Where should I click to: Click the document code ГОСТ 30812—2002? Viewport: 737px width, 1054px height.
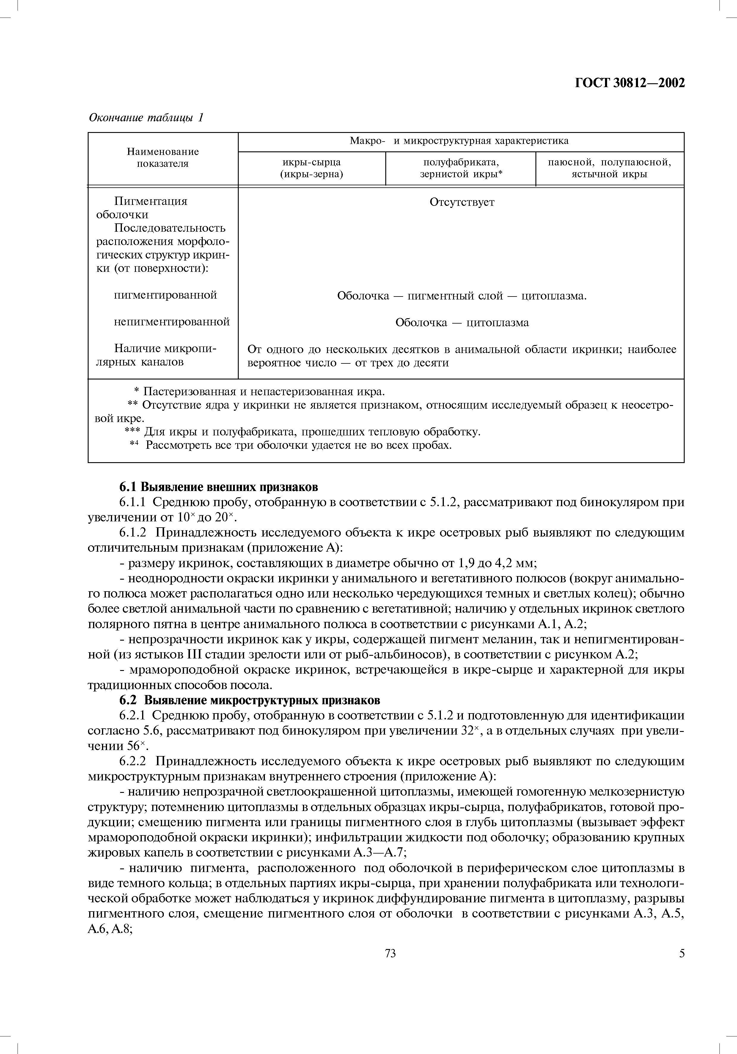click(630, 83)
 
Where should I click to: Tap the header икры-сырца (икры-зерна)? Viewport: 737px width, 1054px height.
click(312, 168)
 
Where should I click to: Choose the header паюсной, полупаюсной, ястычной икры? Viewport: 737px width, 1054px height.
click(609, 168)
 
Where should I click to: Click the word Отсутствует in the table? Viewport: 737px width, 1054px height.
click(462, 203)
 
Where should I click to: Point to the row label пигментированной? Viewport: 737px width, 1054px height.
click(165, 295)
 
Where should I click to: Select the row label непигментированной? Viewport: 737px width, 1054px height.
click(172, 322)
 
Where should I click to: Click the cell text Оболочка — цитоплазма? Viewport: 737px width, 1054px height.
click(462, 323)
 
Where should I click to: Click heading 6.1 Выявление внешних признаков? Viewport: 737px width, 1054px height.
click(219, 487)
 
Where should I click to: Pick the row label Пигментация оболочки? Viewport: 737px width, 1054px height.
click(150, 208)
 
